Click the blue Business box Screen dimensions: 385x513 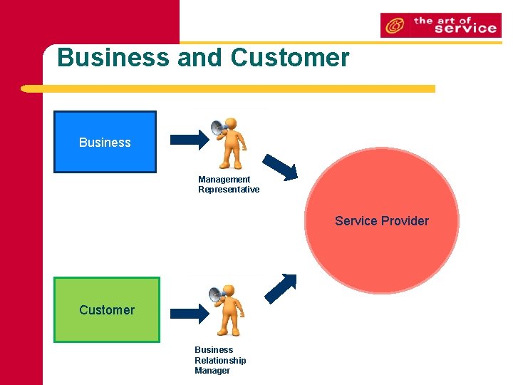pyautogui.click(x=105, y=142)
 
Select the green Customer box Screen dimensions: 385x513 pyautogui.click(x=107, y=309)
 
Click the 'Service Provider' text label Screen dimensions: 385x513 pyautogui.click(x=382, y=221)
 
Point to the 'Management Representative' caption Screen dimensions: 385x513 pyautogui.click(x=228, y=185)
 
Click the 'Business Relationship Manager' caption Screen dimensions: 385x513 pyautogui.click(x=220, y=360)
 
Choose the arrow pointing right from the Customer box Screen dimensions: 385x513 pyautogui.click(x=188, y=312)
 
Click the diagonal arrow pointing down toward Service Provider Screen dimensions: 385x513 pyautogui.click(x=280, y=167)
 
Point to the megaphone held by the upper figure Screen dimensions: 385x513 pyautogui.click(x=218, y=128)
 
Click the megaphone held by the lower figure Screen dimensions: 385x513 pyautogui.click(x=217, y=294)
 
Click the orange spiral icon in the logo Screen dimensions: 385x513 pyautogui.click(x=393, y=26)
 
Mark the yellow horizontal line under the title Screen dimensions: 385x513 pyautogui.click(x=228, y=89)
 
